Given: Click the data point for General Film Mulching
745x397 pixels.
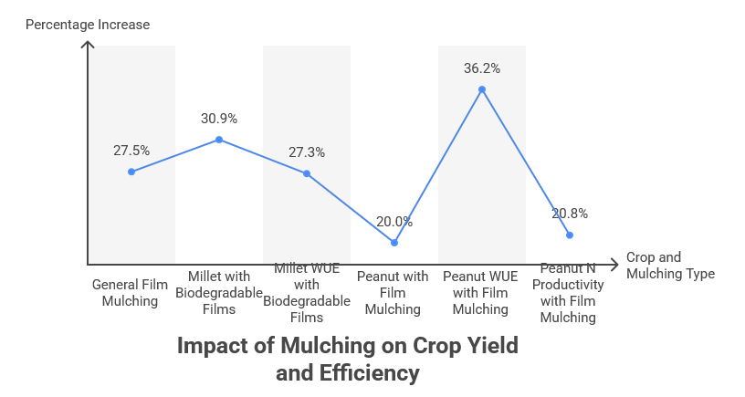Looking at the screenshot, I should (131, 172).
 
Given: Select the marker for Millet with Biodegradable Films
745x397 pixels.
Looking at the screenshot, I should (219, 140).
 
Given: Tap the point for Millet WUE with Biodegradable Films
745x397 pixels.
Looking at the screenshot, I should (307, 173).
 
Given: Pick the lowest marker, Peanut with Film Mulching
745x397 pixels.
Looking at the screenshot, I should (394, 242).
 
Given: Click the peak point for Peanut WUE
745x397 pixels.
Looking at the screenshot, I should (482, 89).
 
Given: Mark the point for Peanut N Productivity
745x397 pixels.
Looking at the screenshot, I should (570, 235).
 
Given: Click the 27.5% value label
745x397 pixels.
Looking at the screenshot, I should (131, 150).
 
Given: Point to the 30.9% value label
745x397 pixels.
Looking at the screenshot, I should (219, 119).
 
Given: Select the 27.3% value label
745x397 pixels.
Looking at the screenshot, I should (307, 152).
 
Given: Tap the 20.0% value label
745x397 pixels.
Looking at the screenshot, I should (394, 221).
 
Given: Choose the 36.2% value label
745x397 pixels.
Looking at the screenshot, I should (482, 68).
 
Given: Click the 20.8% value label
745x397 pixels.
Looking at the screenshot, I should (570, 214).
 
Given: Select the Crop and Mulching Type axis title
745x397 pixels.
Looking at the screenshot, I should (670, 266).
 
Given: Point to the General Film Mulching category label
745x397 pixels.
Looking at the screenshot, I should (131, 293).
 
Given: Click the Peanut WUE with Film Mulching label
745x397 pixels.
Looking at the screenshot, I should (481, 293).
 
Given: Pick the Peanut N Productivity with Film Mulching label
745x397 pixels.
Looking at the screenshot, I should (568, 293).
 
